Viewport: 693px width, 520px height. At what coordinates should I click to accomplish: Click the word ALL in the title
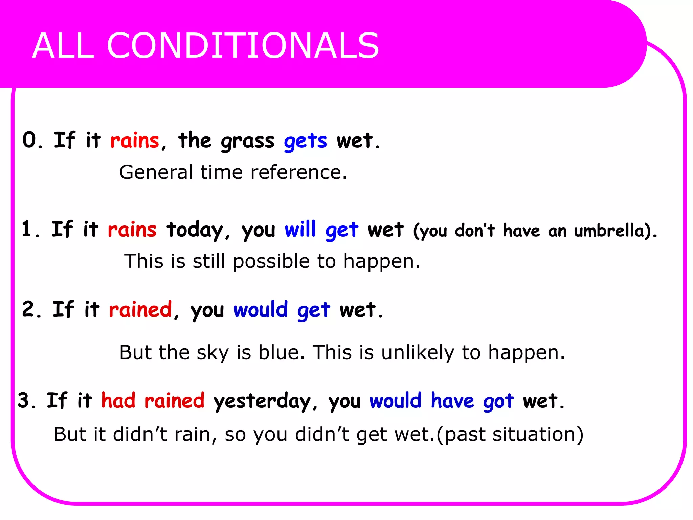click(63, 46)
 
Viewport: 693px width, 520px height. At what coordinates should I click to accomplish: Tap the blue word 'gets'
click(305, 141)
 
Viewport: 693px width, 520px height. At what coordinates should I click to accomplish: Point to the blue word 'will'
click(300, 229)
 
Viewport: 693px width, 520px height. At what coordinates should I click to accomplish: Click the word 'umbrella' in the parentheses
click(609, 231)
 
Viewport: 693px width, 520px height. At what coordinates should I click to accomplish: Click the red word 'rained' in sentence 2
click(140, 309)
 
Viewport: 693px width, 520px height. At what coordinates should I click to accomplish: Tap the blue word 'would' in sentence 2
click(261, 309)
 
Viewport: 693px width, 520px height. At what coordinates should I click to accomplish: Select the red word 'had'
click(118, 400)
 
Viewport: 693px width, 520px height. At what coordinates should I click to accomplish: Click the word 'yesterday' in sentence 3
click(262, 402)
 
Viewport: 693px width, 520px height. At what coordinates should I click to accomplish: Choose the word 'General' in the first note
click(156, 172)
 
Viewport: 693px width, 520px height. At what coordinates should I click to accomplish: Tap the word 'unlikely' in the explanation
click(418, 353)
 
